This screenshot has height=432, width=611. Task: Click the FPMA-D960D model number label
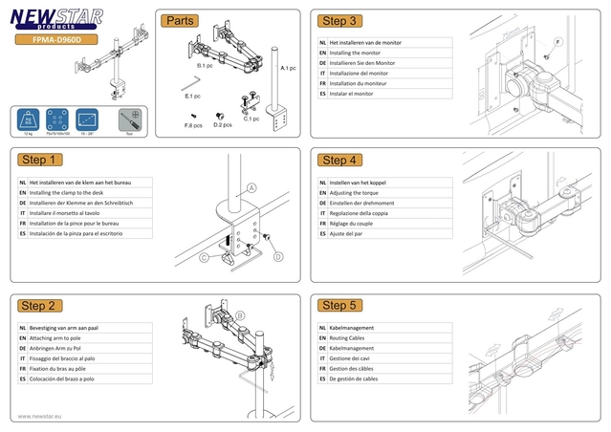[59, 40]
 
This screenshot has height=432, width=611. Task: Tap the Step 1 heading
[42, 160]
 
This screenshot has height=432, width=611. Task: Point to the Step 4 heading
[340, 160]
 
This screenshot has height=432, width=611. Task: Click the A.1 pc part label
[288, 69]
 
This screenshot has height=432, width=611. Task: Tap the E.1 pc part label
[192, 97]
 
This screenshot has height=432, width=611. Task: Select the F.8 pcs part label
[193, 125]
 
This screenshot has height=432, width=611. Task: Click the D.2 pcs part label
[223, 125]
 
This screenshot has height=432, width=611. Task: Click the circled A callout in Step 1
[251, 187]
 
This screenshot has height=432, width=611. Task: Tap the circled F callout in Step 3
[557, 43]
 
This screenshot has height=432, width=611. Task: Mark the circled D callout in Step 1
[278, 256]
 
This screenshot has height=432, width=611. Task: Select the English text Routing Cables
[358, 338]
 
